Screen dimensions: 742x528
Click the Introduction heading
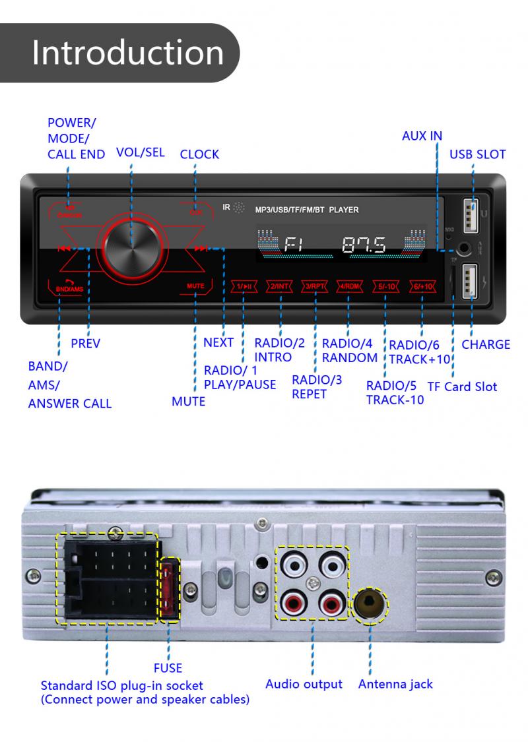(127, 53)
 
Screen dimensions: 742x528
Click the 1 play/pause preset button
(244, 286)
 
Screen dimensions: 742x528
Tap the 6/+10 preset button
(421, 286)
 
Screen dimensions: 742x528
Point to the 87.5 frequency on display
(364, 245)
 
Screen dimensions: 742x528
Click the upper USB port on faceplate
(472, 216)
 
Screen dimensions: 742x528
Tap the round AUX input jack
(466, 249)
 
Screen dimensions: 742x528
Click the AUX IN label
(422, 136)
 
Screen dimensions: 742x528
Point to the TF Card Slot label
(462, 386)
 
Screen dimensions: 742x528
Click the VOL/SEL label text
(140, 152)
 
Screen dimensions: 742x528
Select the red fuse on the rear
(171, 589)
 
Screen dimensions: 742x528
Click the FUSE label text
(168, 667)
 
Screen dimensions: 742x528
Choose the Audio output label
(304, 684)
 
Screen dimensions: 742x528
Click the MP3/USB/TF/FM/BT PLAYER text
(307, 210)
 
